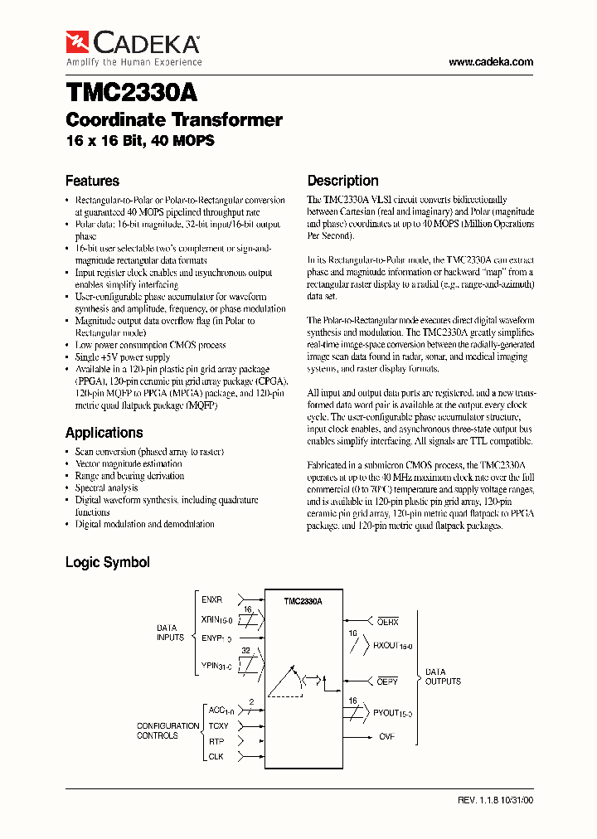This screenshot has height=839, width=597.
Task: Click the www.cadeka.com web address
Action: [x=490, y=62]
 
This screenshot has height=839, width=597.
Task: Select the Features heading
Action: [x=92, y=181]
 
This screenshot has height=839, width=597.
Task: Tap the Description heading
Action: [x=342, y=181]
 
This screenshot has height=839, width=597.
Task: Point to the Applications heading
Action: [x=104, y=433]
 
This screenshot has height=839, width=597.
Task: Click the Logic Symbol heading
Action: [x=107, y=562]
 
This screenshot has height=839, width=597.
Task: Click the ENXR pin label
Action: [x=212, y=599]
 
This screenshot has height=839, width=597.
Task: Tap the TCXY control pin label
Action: [x=217, y=726]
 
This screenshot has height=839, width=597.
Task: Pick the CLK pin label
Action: [x=216, y=756]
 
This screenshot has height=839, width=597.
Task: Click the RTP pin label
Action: [x=216, y=741]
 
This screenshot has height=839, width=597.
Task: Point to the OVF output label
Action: [x=387, y=735]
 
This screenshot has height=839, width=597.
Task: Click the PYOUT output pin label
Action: [x=392, y=712]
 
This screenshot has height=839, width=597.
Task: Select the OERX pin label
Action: [x=388, y=621]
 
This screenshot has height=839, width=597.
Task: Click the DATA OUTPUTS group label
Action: [x=443, y=677]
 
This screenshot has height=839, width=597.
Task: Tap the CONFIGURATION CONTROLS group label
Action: [x=167, y=730]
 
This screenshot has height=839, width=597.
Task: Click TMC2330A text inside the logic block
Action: [x=302, y=601]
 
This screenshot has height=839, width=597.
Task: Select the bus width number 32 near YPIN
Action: [x=245, y=651]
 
